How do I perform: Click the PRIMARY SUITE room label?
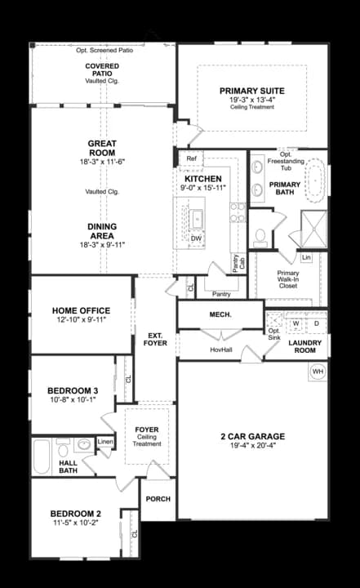(251, 90)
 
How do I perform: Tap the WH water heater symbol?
(317, 372)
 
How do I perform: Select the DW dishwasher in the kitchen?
(197, 238)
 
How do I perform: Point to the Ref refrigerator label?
(192, 158)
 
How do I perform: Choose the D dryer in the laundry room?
(316, 323)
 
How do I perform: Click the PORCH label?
(158, 498)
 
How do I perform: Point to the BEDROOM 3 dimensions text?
(73, 399)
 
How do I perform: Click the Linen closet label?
(105, 442)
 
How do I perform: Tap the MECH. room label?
(220, 314)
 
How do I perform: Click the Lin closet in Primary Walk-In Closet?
(306, 257)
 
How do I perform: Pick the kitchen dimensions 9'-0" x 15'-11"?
(203, 188)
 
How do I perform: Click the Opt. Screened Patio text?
(104, 50)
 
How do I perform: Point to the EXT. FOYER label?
(156, 338)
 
